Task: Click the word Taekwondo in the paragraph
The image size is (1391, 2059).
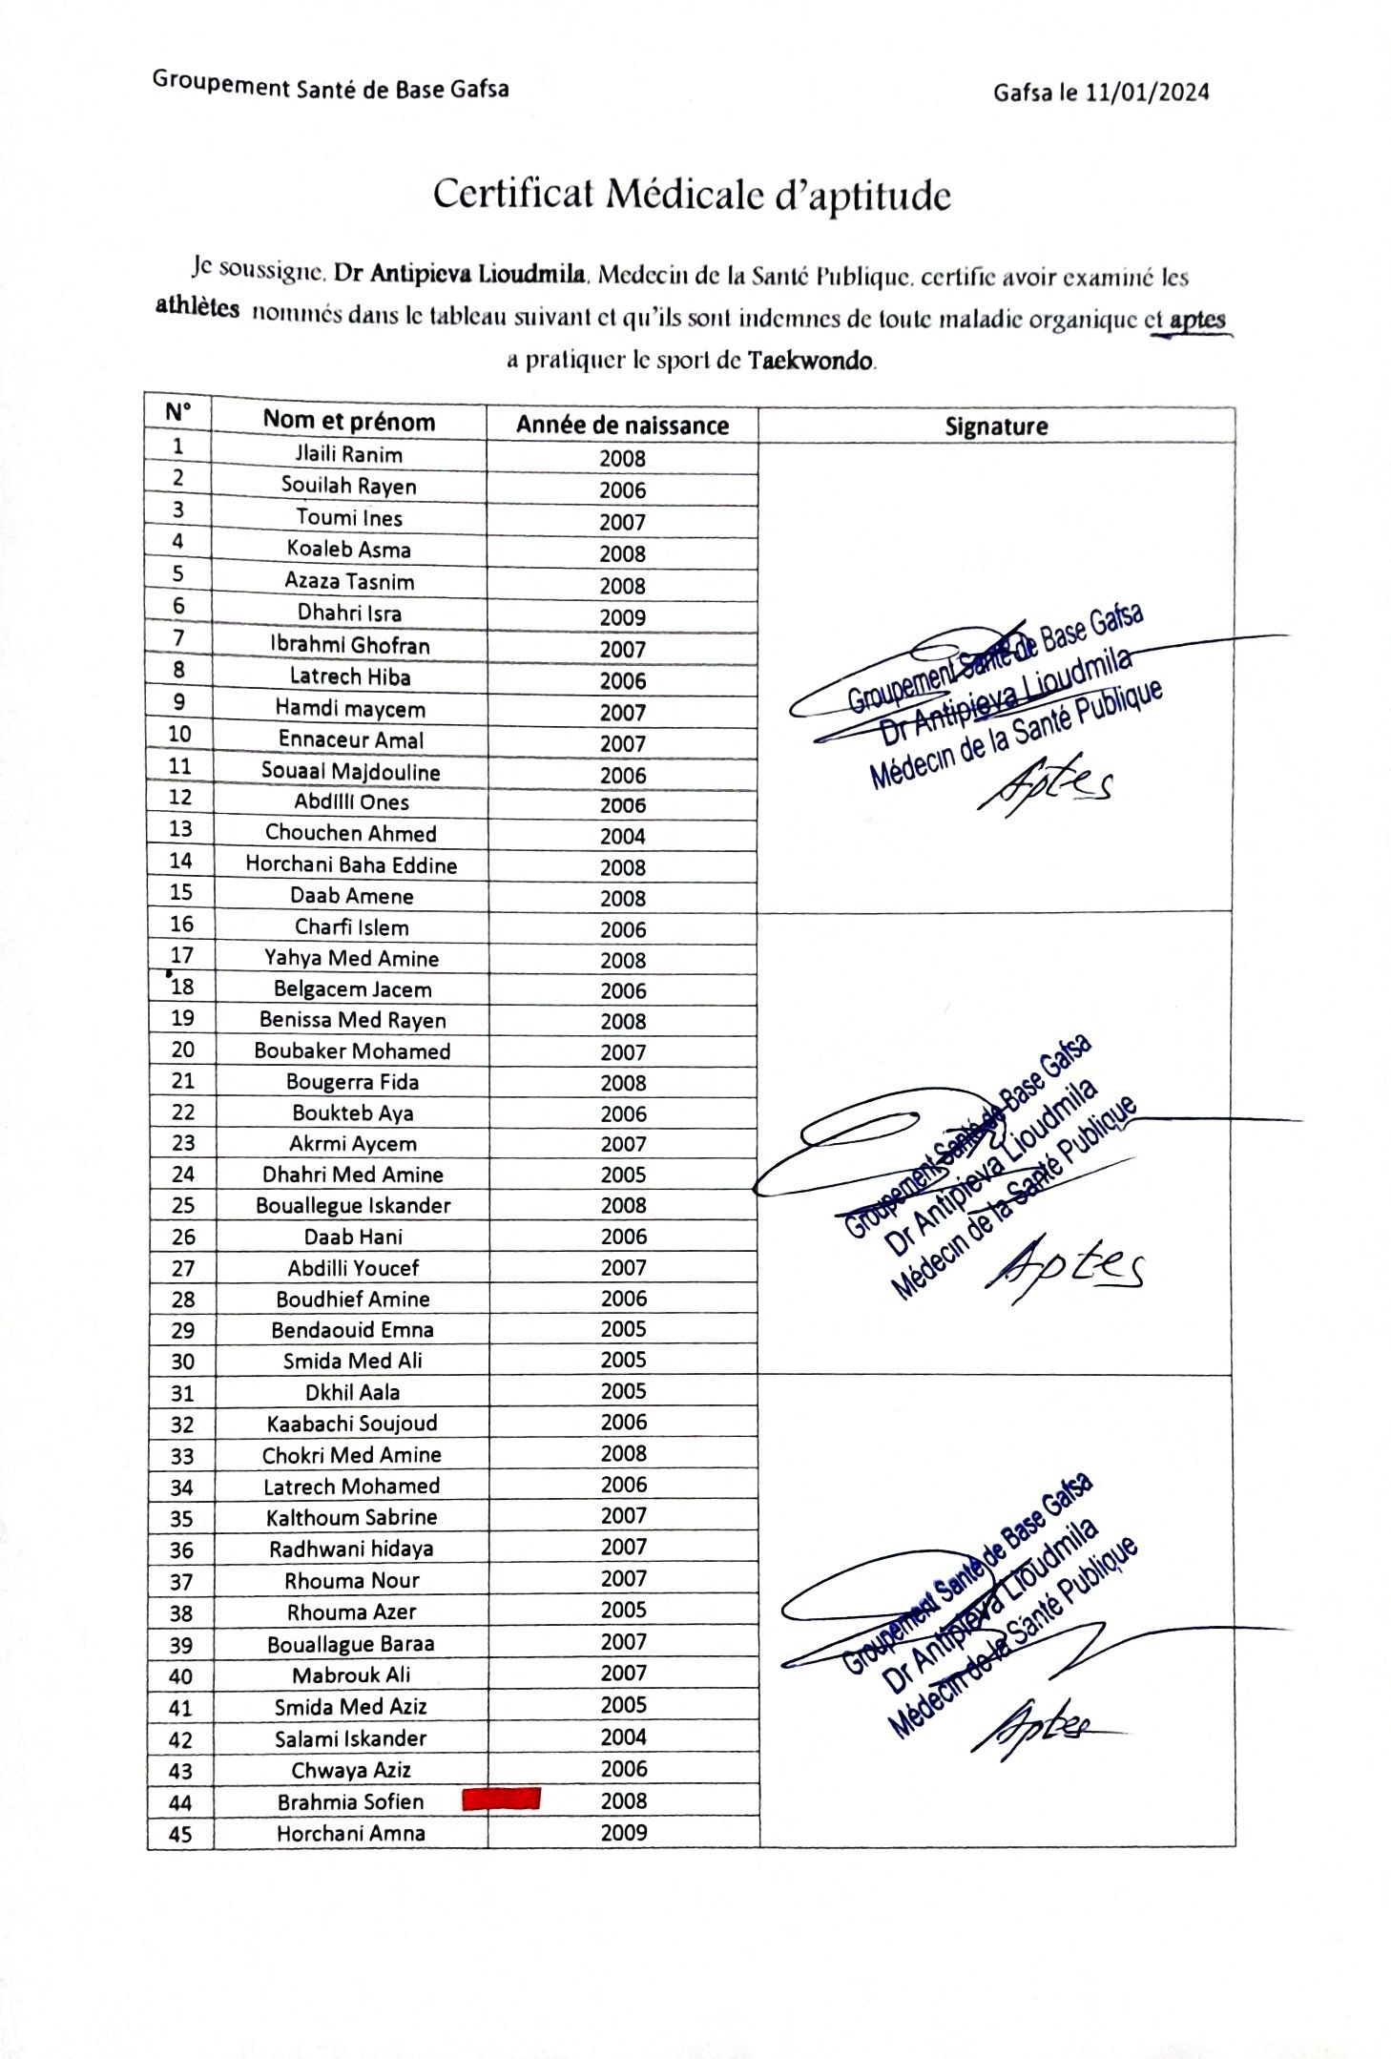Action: tap(810, 361)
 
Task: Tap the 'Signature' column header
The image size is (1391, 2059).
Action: tap(995, 426)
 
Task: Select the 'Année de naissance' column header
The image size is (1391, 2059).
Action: tap(622, 425)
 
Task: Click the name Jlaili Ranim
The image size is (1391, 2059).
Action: tap(348, 454)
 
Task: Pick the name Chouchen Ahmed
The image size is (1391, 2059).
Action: tap(351, 833)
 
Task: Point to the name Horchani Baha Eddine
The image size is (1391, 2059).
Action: tap(351, 864)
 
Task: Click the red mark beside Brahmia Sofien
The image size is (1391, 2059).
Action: tap(501, 1799)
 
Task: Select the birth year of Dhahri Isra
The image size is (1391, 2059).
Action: tap(622, 617)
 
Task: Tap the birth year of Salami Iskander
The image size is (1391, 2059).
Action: tap(624, 1737)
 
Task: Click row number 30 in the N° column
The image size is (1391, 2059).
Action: tap(182, 1362)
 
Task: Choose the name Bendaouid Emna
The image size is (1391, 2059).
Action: tap(352, 1330)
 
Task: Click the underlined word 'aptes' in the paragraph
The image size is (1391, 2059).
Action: tap(1196, 320)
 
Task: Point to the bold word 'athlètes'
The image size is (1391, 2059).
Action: tap(197, 308)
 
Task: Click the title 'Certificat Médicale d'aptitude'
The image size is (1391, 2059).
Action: tap(692, 195)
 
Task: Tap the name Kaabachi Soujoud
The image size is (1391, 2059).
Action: tap(352, 1424)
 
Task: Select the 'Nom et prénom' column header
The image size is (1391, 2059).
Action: tap(349, 421)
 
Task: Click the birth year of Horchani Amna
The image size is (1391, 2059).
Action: tap(624, 1832)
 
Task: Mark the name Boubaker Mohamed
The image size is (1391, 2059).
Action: tap(352, 1051)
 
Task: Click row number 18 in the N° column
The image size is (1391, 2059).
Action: tap(181, 987)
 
